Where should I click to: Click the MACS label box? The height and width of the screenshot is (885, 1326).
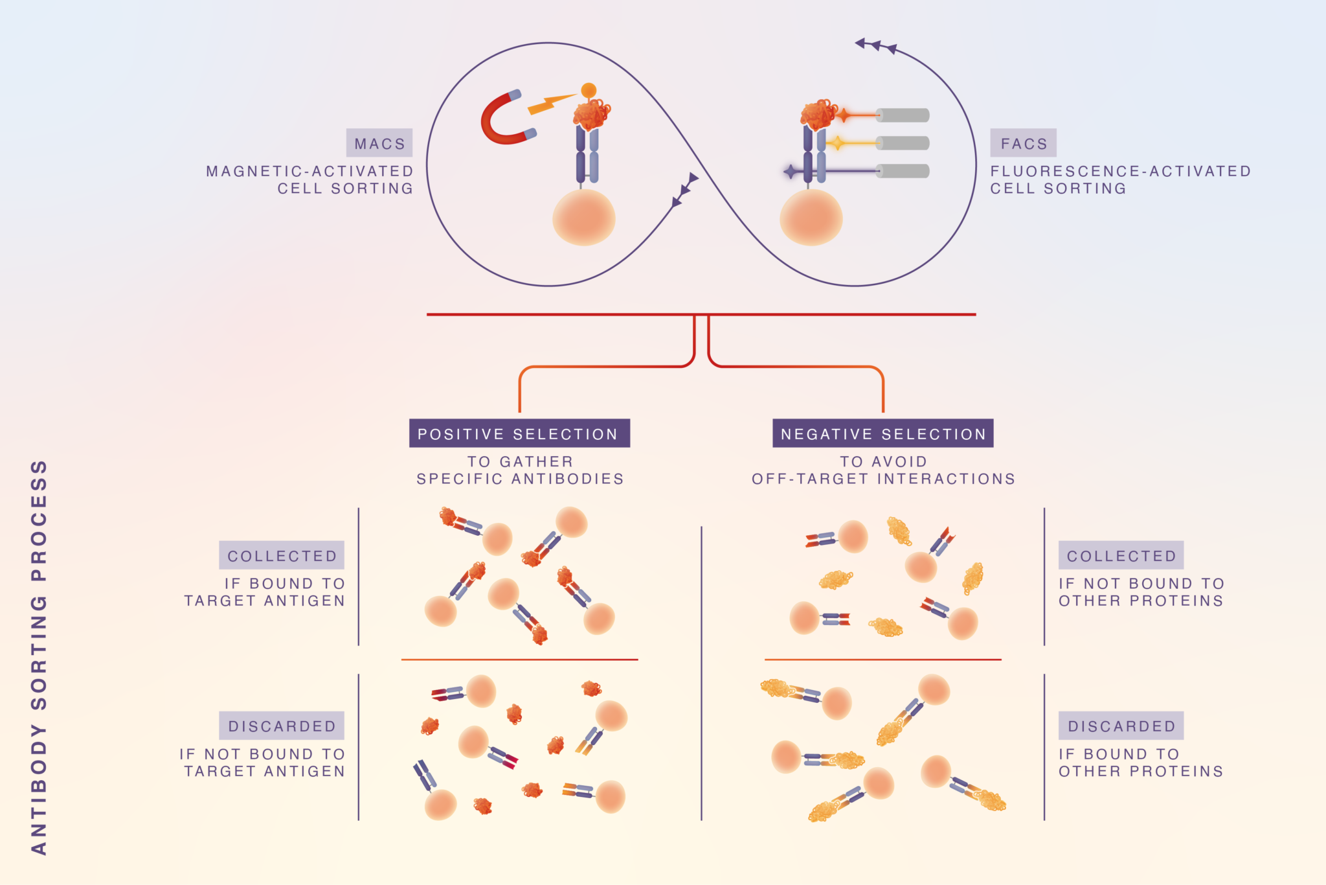click(x=379, y=143)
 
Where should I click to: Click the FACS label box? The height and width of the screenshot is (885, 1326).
click(x=1023, y=143)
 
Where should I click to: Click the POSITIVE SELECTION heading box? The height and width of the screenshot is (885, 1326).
click(x=519, y=433)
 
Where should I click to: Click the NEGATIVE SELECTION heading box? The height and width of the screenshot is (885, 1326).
click(x=882, y=433)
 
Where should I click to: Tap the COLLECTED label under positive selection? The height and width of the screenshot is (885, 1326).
click(x=282, y=555)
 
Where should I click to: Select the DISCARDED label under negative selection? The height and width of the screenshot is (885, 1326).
click(x=1121, y=726)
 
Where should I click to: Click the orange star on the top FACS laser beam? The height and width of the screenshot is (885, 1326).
click(x=843, y=116)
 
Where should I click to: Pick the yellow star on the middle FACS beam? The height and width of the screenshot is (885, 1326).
click(x=837, y=143)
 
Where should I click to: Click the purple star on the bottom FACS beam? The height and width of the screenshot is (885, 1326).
click(x=791, y=172)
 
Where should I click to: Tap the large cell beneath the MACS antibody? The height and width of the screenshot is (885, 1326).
click(x=583, y=218)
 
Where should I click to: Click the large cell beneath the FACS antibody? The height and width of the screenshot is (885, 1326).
click(x=811, y=218)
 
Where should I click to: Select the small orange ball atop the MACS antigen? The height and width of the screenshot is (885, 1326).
click(x=589, y=90)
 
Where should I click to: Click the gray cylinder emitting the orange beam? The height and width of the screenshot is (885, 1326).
click(x=903, y=115)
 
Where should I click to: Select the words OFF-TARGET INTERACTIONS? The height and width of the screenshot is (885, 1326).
click(x=883, y=479)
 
